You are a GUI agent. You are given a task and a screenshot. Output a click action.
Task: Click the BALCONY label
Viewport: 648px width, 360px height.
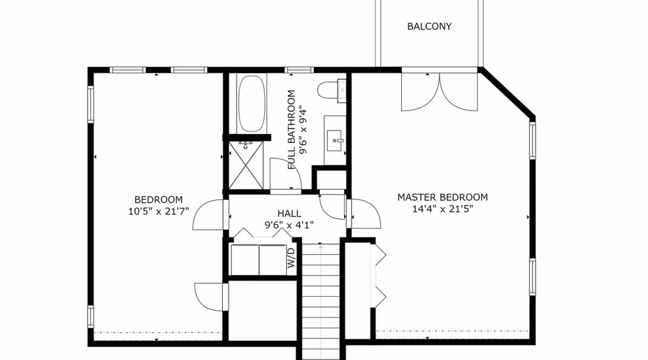[429, 27]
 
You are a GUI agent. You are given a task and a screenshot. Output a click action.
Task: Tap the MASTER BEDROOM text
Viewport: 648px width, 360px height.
[442, 197]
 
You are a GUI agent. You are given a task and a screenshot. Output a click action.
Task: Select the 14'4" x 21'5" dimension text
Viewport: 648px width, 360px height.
[442, 209]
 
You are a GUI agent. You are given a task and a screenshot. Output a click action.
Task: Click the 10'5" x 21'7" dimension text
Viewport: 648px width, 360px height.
[158, 211]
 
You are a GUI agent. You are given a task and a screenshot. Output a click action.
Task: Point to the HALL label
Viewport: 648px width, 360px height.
[289, 213]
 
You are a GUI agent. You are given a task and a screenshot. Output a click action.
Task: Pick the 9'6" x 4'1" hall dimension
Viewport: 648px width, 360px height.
[289, 225]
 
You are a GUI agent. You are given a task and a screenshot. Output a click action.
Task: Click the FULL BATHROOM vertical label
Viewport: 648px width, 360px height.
[292, 130]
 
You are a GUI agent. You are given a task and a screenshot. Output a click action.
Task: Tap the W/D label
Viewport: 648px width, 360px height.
[291, 258]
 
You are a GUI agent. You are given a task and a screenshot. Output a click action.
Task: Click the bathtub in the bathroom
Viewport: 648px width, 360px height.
[252, 104]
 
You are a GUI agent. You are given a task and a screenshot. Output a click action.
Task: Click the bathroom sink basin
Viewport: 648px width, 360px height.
[334, 140]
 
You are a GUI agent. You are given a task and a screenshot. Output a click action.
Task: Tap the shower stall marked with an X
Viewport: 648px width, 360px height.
[246, 165]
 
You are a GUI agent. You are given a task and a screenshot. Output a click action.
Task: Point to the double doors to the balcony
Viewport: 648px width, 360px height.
[440, 92]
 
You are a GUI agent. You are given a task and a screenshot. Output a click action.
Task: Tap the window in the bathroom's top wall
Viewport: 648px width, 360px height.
[299, 70]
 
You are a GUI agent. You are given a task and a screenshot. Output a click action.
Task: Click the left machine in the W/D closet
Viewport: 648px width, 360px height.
[245, 260]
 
